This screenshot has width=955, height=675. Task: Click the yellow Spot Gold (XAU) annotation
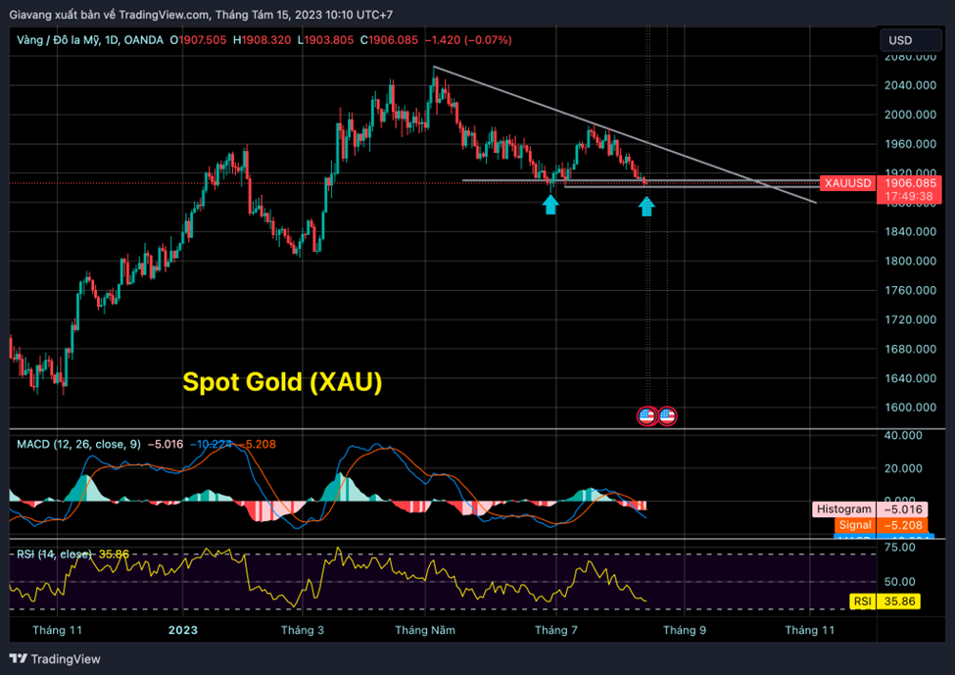point(282,382)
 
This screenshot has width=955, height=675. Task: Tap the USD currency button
point(899,40)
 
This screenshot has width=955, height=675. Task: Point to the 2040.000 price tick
point(906,85)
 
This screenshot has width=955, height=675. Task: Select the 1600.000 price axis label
point(906,408)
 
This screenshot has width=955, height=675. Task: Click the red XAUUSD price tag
point(847,183)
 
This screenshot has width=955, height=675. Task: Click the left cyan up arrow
point(551,204)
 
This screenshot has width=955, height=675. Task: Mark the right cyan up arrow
point(646,205)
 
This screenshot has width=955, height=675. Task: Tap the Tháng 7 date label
point(555,630)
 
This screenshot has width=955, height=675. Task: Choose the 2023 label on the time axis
point(182,630)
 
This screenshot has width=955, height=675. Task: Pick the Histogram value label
point(843,509)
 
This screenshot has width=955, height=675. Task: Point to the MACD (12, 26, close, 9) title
point(76,444)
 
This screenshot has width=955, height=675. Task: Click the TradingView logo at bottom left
point(56,659)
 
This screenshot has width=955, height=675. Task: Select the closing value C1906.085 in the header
point(390,40)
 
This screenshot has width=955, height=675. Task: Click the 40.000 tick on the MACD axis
point(906,436)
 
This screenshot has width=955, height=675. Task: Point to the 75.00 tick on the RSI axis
point(906,549)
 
